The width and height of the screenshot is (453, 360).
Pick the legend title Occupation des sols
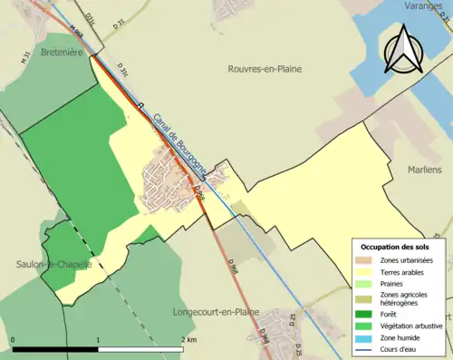395,247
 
